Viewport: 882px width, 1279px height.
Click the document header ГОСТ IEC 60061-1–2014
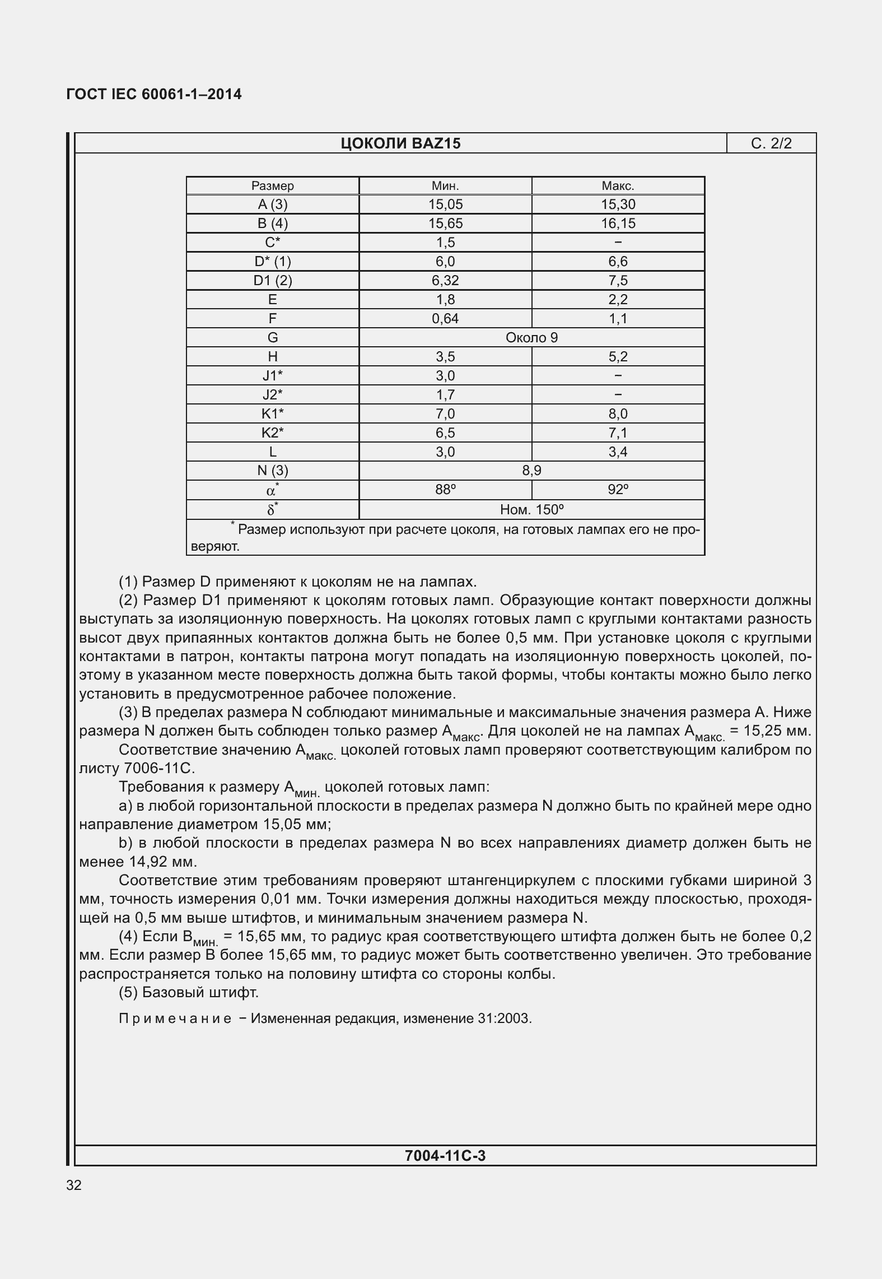[x=154, y=94]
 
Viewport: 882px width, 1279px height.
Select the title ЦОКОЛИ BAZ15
[x=400, y=144]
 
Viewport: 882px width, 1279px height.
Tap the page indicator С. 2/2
[x=771, y=144]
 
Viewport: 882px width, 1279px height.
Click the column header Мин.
[x=445, y=186]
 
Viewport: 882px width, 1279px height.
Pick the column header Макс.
[x=618, y=186]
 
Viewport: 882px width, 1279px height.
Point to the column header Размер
[x=272, y=186]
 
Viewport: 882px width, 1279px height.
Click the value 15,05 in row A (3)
[x=445, y=204]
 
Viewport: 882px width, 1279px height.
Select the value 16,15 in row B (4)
[x=618, y=224]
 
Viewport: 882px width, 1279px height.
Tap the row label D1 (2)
[x=272, y=281]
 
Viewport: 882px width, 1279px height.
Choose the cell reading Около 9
[x=531, y=338]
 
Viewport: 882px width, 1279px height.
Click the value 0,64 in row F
[x=445, y=319]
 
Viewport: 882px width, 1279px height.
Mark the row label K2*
[x=272, y=432]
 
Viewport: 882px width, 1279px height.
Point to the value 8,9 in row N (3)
[x=531, y=471]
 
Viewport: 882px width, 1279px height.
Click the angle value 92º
[x=618, y=490]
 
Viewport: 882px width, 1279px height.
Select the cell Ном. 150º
[x=531, y=510]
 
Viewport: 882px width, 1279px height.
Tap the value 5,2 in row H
[x=618, y=357]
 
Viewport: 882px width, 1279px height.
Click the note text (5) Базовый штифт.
[x=188, y=992]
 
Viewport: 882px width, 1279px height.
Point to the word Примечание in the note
[x=175, y=1018]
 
